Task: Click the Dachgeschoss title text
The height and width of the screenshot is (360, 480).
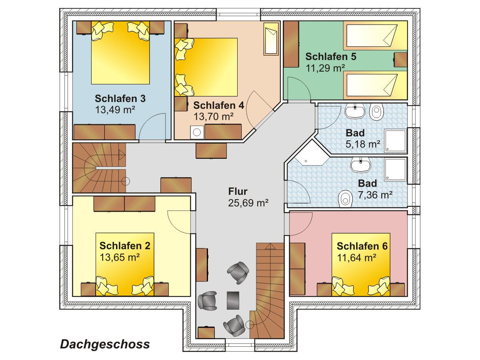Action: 105,345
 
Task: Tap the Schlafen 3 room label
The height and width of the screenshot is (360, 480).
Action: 120,98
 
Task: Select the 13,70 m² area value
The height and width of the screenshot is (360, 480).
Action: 214,116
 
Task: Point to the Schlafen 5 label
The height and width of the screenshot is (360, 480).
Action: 331,56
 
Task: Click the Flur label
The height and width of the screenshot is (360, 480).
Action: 238,191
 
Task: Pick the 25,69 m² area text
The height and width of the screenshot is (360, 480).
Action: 248,203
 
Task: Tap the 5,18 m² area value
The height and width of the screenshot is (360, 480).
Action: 363,144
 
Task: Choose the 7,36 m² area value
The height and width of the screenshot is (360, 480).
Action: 375,195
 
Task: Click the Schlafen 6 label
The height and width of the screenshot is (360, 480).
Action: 362,246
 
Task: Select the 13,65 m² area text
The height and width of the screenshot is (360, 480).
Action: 120,257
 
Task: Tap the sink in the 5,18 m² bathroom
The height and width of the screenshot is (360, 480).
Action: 355,111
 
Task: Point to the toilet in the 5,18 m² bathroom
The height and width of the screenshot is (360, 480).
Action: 377,112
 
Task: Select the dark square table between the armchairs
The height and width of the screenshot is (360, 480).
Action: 233,300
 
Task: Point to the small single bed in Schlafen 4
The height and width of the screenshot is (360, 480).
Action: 271,39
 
